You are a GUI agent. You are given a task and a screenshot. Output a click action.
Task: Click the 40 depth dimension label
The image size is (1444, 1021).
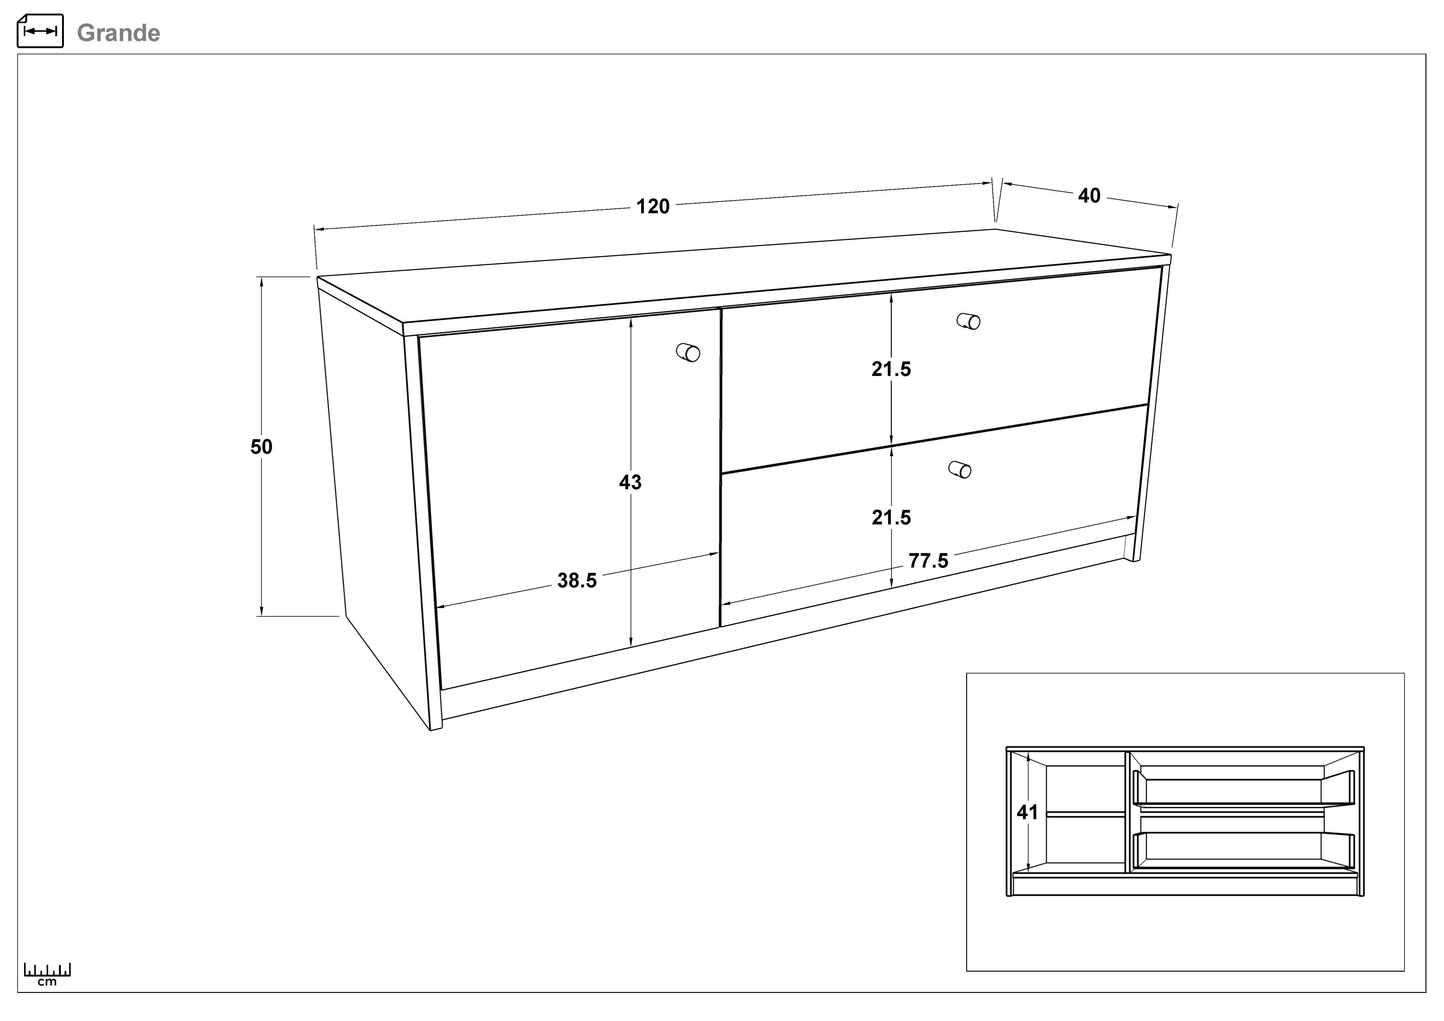(1089, 196)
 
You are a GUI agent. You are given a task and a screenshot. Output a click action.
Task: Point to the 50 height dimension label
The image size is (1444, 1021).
(262, 447)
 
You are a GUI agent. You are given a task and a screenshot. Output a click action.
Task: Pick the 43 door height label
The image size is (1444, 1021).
(630, 482)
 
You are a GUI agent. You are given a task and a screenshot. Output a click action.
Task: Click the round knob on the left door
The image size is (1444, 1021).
(689, 353)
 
